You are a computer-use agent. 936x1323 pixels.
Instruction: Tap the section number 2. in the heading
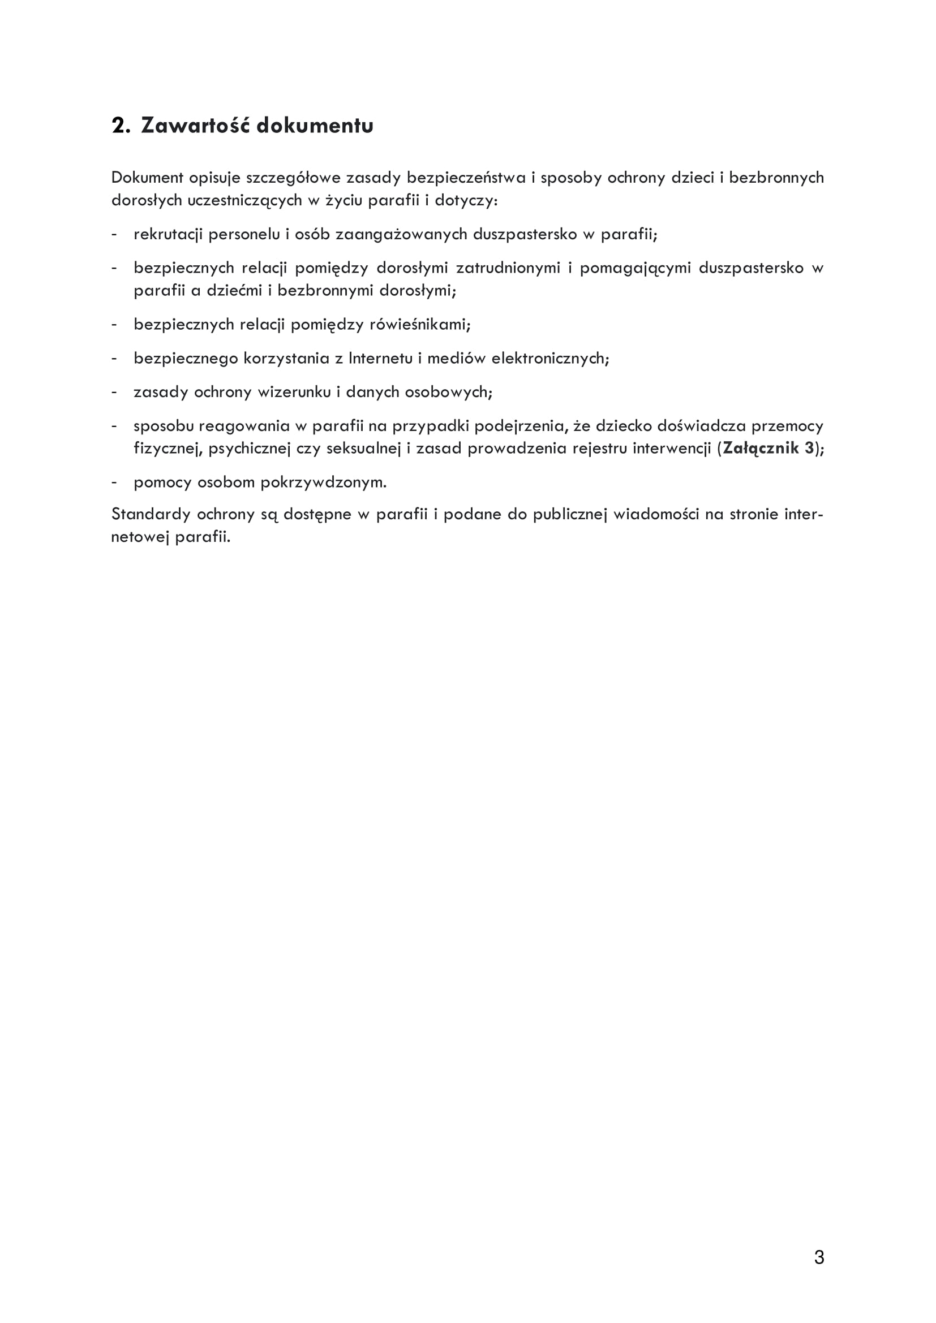(x=121, y=126)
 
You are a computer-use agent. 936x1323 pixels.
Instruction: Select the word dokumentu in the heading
(x=315, y=126)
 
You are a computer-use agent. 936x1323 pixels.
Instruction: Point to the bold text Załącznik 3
(x=769, y=449)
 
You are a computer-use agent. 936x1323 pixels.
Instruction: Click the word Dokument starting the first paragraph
(x=147, y=178)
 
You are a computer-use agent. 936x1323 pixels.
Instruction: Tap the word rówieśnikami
(x=419, y=325)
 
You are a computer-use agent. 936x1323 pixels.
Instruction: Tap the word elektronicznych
(x=550, y=359)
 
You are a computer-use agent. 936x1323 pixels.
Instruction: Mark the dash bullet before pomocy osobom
(x=115, y=483)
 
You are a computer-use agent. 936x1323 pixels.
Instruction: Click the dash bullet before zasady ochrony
(x=115, y=393)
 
